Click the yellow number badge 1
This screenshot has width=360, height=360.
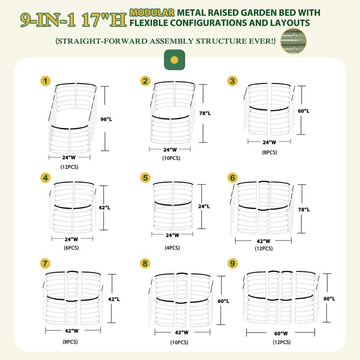pyautogui.click(x=45, y=81)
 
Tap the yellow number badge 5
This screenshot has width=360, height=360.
pyautogui.click(x=145, y=178)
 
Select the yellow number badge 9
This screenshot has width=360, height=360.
pyautogui.click(x=232, y=264)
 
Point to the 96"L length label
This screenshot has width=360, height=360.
pyautogui.click(x=106, y=119)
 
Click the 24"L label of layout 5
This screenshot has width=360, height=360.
pyautogui.click(x=204, y=206)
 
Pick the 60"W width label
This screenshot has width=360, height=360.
pyautogui.click(x=281, y=333)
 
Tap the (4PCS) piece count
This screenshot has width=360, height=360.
pyautogui.click(x=172, y=248)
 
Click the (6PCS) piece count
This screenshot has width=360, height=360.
pyautogui.click(x=71, y=248)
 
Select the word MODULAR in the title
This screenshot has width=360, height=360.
pyautogui.click(x=152, y=13)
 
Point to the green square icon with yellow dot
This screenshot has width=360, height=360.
pyautogui.click(x=175, y=60)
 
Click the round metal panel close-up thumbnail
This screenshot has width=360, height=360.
pyautogui.click(x=293, y=41)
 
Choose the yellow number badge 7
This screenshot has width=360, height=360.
pyautogui.click(x=45, y=264)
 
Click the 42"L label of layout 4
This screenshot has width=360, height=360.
pyautogui.click(x=104, y=208)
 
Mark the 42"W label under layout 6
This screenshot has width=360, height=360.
pyautogui.click(x=264, y=241)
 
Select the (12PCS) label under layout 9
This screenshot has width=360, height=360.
pyautogui.click(x=282, y=342)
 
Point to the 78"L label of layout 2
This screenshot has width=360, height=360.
pyautogui.click(x=205, y=113)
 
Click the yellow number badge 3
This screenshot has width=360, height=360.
pyautogui.click(x=232, y=81)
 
